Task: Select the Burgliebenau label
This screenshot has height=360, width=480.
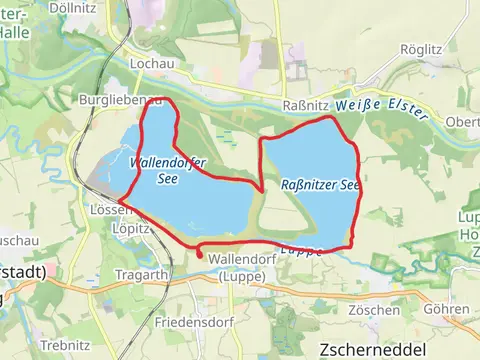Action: pyautogui.click(x=119, y=101)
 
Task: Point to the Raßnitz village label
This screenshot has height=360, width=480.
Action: pyautogui.click(x=301, y=104)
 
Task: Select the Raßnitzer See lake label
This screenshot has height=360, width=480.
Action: pyautogui.click(x=320, y=185)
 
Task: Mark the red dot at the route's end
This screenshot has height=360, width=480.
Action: pyautogui.click(x=199, y=255)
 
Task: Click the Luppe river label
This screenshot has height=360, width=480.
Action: pyautogui.click(x=302, y=250)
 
